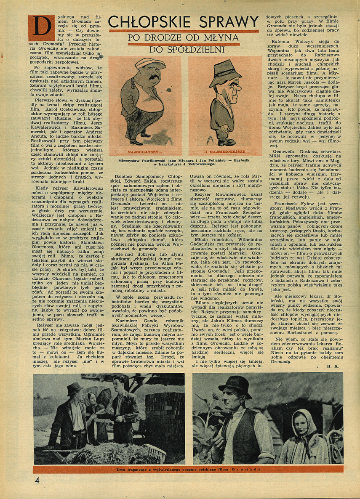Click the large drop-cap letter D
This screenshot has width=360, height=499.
click(x=41, y=28)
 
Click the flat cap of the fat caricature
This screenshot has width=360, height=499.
click(x=150, y=64)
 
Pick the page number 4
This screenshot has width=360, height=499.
click(x=37, y=480)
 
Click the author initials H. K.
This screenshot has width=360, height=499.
click(x=332, y=366)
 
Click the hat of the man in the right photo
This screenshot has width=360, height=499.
click(x=235, y=384)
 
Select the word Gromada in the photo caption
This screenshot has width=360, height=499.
click(x=248, y=469)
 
